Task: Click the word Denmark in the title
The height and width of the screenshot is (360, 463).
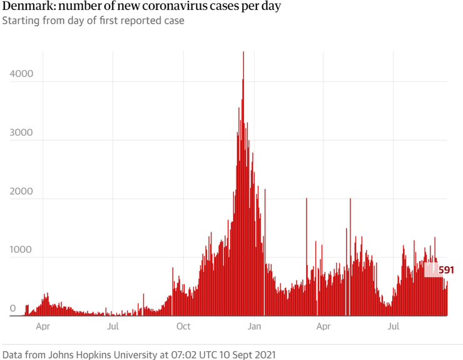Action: tap(26, 7)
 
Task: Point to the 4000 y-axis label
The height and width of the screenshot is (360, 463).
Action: tap(21, 74)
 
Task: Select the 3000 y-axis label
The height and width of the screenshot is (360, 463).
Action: tap(21, 133)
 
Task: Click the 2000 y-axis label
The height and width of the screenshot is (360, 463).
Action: tap(21, 192)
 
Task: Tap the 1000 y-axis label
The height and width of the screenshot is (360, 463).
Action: tap(21, 250)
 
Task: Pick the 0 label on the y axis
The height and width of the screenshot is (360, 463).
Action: tap(13, 309)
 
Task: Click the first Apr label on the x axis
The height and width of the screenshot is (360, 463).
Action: tap(43, 326)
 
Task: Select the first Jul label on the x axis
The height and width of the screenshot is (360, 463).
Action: tap(113, 326)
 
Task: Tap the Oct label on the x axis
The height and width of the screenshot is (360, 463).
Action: tap(183, 326)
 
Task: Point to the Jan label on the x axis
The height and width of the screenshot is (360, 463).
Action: tap(254, 326)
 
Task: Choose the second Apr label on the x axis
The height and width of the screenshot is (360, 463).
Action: tap(323, 326)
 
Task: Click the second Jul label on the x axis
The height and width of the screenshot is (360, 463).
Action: tap(394, 326)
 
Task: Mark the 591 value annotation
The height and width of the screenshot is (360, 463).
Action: tap(446, 270)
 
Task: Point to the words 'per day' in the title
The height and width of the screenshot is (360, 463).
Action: tap(260, 7)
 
